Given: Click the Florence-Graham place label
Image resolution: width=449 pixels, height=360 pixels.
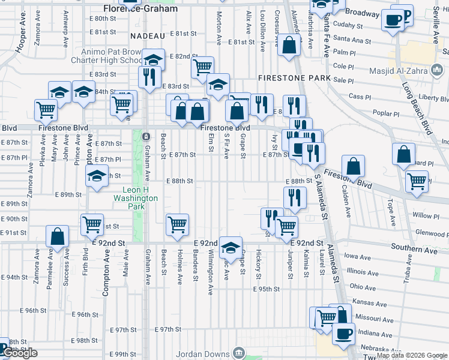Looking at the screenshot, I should (x=140, y=9).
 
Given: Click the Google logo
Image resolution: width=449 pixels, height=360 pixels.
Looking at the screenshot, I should (x=19, y=353).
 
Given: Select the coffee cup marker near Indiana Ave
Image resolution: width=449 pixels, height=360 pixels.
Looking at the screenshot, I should (x=343, y=334).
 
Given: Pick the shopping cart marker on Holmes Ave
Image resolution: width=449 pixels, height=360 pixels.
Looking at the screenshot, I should (x=177, y=224).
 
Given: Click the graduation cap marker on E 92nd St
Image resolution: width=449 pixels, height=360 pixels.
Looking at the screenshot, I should (x=230, y=247).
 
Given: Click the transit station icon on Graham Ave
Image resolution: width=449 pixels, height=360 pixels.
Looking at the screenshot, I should (x=146, y=137).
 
